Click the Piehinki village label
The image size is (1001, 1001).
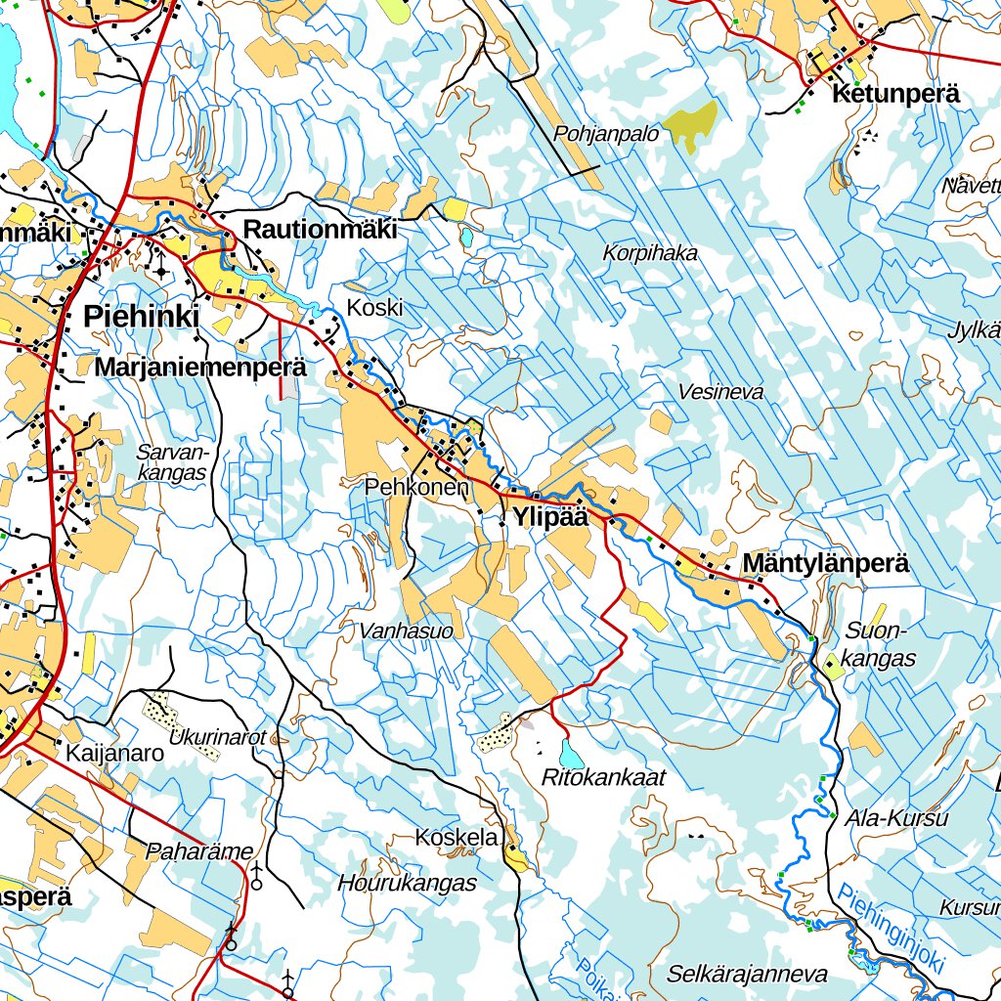coord(142,317)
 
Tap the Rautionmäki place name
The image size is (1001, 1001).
coord(320,231)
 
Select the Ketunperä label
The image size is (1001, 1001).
coord(895,95)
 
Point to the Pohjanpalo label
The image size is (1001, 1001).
coord(606,135)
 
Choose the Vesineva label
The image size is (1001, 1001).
coord(720,392)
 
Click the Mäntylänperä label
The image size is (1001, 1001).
coord(826,564)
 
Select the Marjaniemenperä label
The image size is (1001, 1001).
coord(201,369)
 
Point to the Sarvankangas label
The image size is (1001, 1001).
coord(173,462)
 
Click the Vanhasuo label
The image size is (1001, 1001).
coord(407,631)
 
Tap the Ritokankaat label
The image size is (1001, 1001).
coord(603,778)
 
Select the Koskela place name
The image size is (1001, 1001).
coord(457,838)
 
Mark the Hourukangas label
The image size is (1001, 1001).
coord(407,884)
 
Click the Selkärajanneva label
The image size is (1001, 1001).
coord(747,975)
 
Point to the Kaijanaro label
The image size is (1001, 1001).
coord(114,755)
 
